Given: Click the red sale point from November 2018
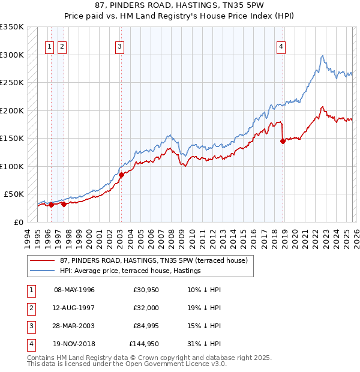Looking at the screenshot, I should point(283,142).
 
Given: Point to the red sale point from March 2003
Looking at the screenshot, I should point(121,175).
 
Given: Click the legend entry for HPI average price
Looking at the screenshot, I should point(130,271).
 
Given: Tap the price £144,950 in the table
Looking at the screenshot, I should point(143,344).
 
